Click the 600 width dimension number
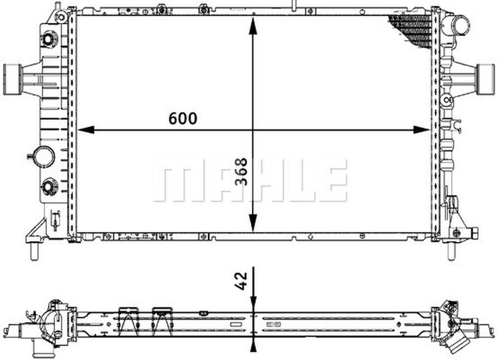tap(182, 119)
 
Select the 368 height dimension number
tap(241, 171)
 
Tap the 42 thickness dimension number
tap(241, 280)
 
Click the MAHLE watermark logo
tap(250, 180)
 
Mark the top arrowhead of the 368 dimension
tap(253, 26)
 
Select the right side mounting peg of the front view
tap(485, 79)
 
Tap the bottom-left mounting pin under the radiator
tap(34, 253)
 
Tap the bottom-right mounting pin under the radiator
tap(451, 252)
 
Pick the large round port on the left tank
tap(44, 157)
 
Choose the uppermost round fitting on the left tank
tap(49, 39)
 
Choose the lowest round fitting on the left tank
tap(49, 187)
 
